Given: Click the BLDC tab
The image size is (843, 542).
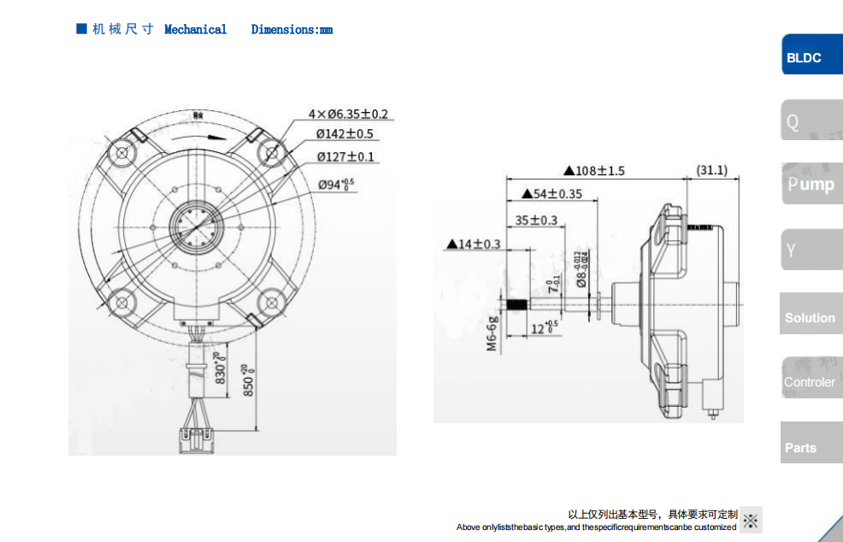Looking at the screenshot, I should [810, 57].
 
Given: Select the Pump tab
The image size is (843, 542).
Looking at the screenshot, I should [811, 184].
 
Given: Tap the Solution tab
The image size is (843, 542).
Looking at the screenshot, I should [811, 317].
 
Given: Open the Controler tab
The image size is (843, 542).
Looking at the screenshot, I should [811, 382].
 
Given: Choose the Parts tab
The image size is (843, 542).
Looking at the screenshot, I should [811, 447].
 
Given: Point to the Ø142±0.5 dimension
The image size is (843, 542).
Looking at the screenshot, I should [345, 134].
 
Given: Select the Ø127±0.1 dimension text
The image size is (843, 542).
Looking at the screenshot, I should [345, 156].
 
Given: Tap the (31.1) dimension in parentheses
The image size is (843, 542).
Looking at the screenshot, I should [712, 170].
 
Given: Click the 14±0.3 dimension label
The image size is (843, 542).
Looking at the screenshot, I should [474, 244].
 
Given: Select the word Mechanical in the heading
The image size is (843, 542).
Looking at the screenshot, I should [195, 30].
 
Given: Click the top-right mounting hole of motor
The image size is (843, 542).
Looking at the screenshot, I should [273, 153].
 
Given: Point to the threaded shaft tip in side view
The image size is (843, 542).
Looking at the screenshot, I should [516, 303].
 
